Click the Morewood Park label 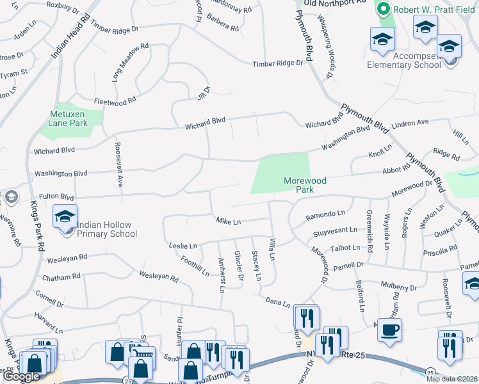point(305,186)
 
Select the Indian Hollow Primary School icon point(65,218)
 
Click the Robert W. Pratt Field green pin point(384,10)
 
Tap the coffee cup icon point(389,330)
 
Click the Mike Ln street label point(228,221)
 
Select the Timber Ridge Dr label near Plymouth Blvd point(277,63)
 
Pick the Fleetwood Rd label point(115,100)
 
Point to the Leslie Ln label point(183,245)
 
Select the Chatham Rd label point(61,278)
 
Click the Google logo point(21,376)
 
